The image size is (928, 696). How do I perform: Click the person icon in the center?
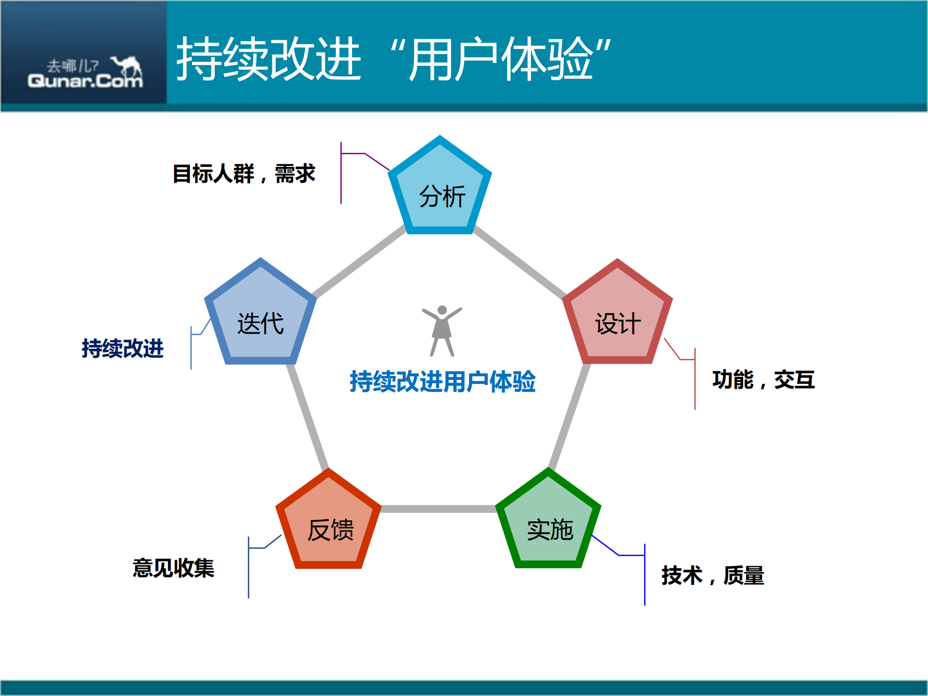[442, 331]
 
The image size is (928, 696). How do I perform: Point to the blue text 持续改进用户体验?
[442, 381]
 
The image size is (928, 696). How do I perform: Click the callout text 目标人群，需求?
[244, 174]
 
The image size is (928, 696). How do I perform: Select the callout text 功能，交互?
[763, 379]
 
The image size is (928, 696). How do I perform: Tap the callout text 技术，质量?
[712, 576]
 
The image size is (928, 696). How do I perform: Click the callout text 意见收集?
[173, 568]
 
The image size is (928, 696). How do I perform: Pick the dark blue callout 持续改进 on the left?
[122, 348]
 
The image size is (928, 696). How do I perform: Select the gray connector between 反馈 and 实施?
[438, 508]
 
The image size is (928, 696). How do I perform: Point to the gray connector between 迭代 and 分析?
[360, 261]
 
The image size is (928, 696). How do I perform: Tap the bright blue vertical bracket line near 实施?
[645, 576]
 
